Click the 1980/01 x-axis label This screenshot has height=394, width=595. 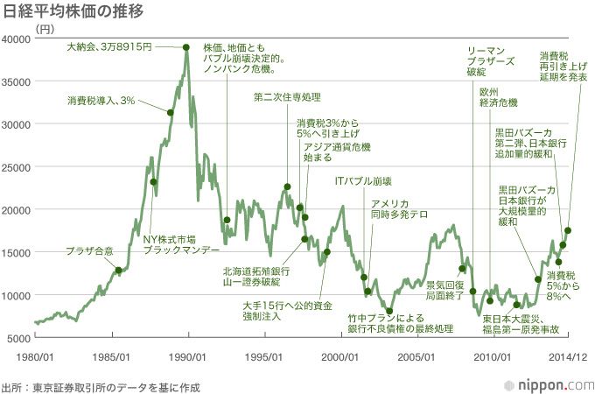click(35, 356)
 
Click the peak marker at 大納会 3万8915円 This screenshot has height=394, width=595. click(186, 47)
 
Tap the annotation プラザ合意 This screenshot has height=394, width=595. click(89, 251)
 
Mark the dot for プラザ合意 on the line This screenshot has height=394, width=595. click(119, 271)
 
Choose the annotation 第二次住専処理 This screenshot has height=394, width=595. click(287, 96)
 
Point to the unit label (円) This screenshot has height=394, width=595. click(45, 28)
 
